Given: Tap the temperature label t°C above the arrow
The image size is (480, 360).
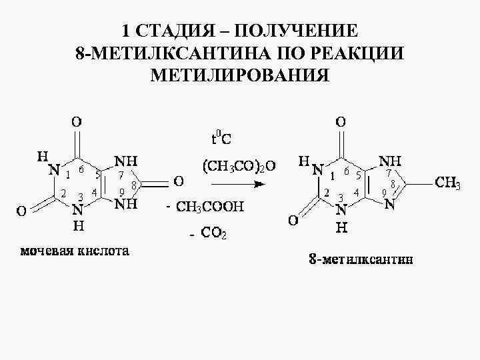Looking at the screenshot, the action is coord(221,139).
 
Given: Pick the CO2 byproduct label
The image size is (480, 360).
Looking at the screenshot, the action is coord(213,233).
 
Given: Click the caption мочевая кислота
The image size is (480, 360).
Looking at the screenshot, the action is coord(74,251).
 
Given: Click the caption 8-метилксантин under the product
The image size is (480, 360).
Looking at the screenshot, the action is coord(361,259).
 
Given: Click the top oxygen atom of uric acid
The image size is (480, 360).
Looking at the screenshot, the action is coord(77,122).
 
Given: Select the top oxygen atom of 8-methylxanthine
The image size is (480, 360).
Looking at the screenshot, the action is coord(341,122).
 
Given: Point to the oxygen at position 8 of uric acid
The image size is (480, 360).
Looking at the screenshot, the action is coord(179,181).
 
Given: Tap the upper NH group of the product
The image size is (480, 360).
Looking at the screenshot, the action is coord(389,161).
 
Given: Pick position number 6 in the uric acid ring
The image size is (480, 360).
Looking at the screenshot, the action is coord(80,170).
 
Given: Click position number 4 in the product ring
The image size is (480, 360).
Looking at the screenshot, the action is coord(357,193).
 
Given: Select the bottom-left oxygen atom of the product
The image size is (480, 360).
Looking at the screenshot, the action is coord(293,219).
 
